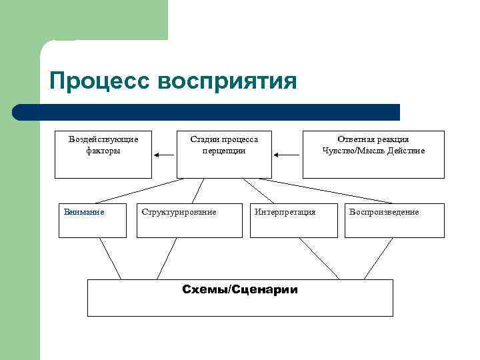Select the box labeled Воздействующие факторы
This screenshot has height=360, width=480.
[x=103, y=155]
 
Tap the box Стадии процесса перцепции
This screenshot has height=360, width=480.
[x=224, y=155]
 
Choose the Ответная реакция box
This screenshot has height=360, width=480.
[x=373, y=155]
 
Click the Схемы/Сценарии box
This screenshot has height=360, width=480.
[x=240, y=297]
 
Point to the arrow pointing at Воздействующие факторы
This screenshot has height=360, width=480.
[x=163, y=155]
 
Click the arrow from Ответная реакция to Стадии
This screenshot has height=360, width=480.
[x=287, y=155]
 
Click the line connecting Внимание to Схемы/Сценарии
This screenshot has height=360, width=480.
[x=110, y=258]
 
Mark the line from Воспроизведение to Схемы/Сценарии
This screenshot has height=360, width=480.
[x=378, y=258]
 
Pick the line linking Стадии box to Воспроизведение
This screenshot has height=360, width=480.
[x=333, y=191]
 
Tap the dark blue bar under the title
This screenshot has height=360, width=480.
[x=207, y=112]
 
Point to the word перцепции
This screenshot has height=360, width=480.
[x=224, y=151]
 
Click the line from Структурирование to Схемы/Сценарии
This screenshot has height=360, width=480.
[x=167, y=258]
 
